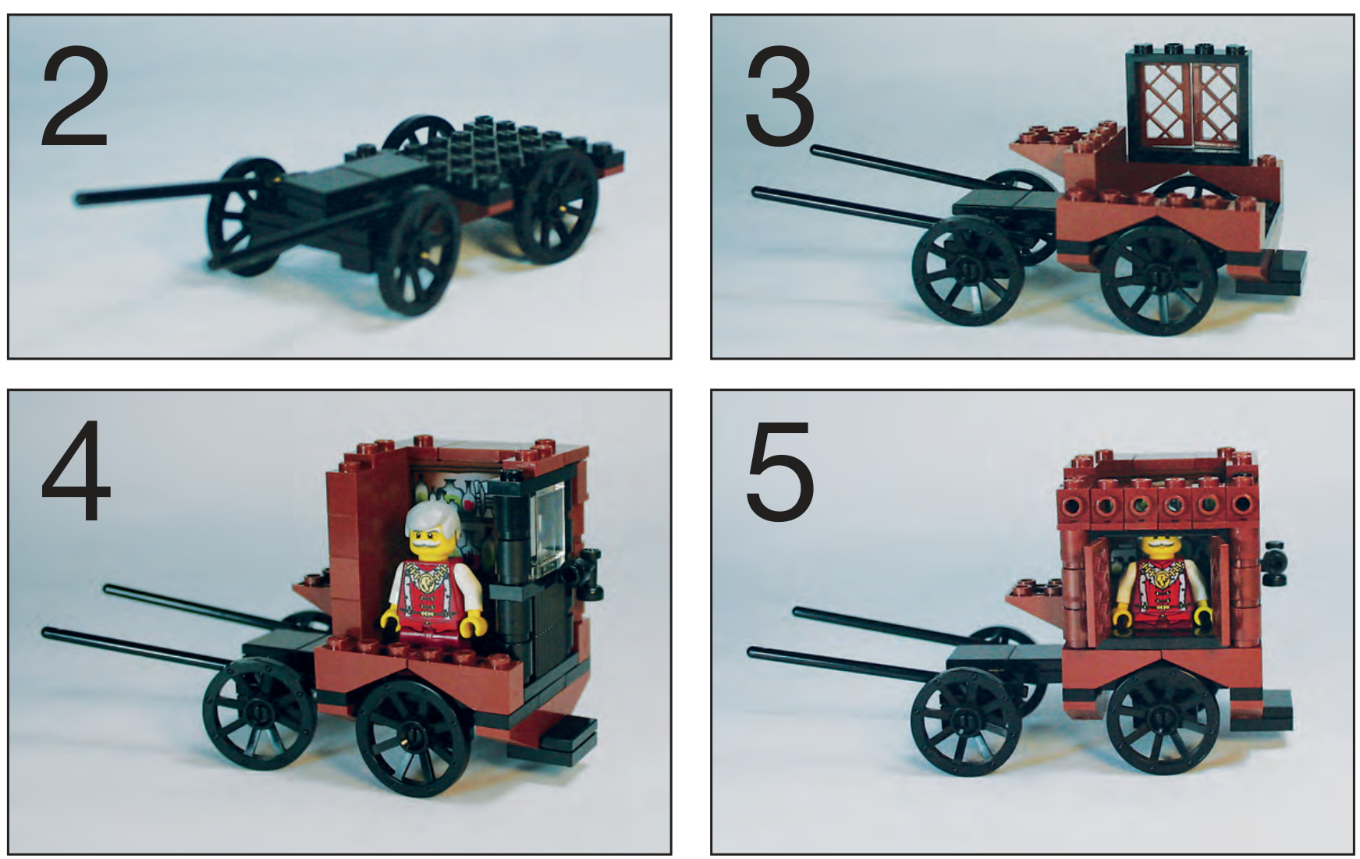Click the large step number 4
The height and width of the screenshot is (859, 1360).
pos(76,471)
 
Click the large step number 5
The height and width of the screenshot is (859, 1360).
pos(779,471)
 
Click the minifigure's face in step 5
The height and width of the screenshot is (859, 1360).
pos(1163,546)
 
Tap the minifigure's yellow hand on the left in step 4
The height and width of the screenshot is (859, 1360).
pos(391,618)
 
